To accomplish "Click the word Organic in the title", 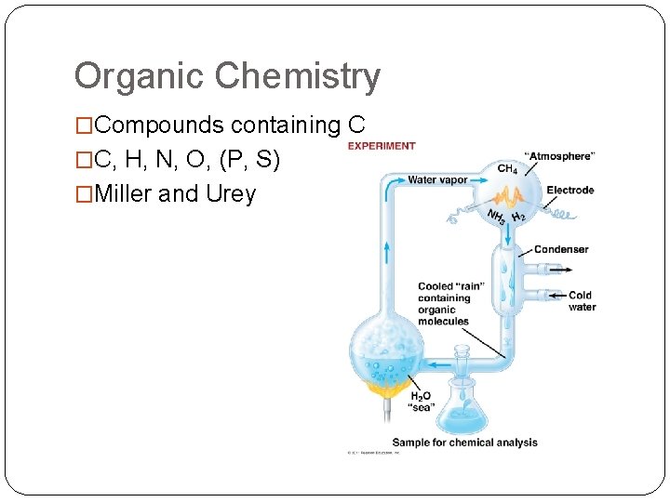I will (127, 76).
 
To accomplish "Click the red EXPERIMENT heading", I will (382, 146).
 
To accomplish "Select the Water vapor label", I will (437, 179).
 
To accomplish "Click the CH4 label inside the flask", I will (507, 169).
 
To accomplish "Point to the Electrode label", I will (569, 191).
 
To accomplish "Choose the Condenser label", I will (561, 249).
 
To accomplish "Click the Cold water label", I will (582, 301).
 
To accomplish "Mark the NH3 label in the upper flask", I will (495, 218).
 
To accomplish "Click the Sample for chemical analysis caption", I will (464, 443).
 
